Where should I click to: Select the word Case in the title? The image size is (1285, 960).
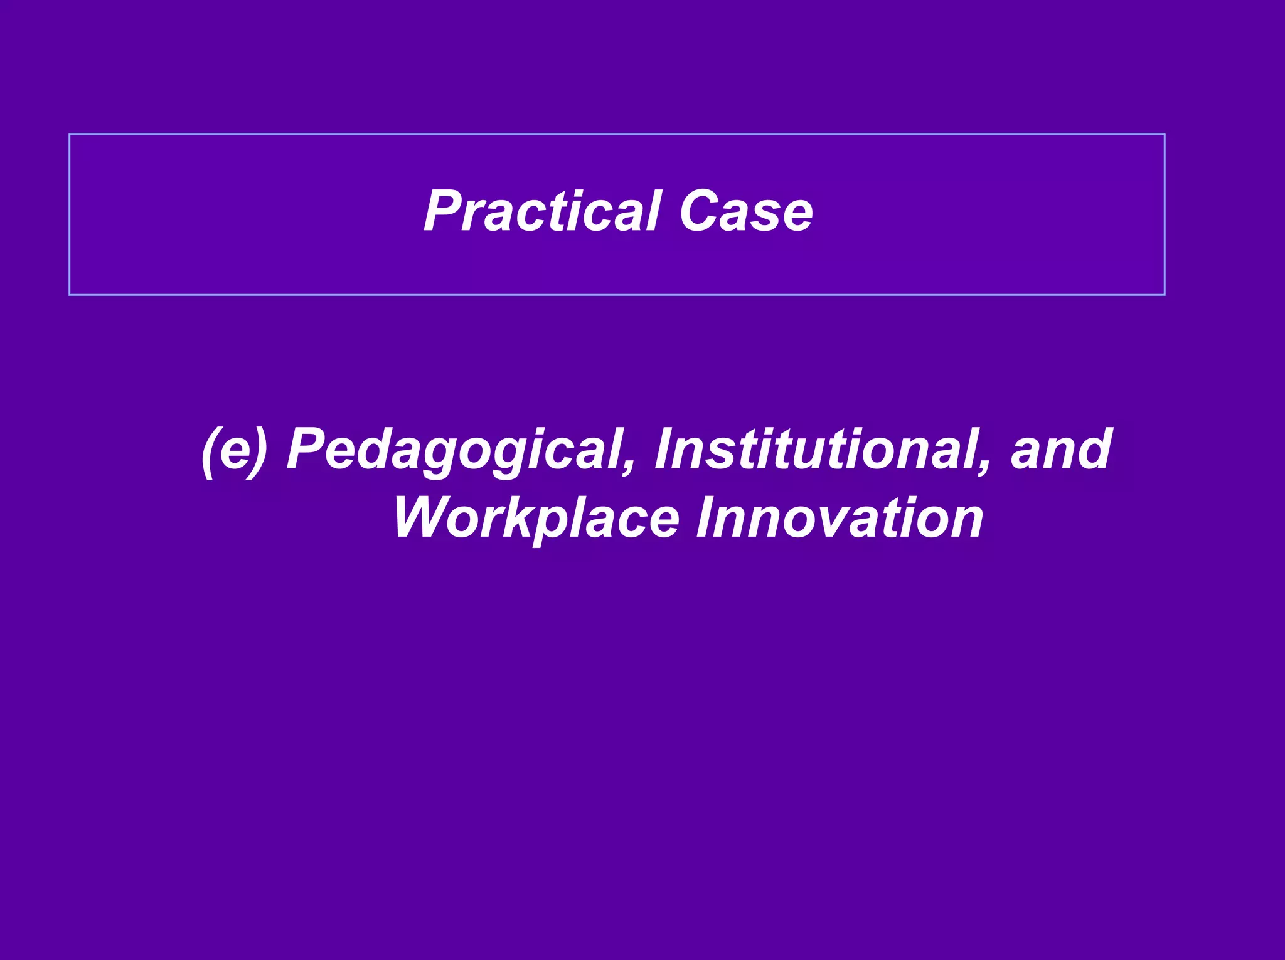click(746, 211)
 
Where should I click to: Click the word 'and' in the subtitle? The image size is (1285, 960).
click(1061, 449)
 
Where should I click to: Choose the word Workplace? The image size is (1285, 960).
click(536, 519)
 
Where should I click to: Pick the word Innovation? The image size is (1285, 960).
click(840, 518)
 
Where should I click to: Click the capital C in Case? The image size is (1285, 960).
click(700, 211)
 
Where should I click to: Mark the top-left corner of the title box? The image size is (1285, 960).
click(70, 134)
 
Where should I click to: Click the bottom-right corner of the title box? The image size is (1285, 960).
click(1165, 294)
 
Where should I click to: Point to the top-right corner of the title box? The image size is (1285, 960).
click(1165, 134)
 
